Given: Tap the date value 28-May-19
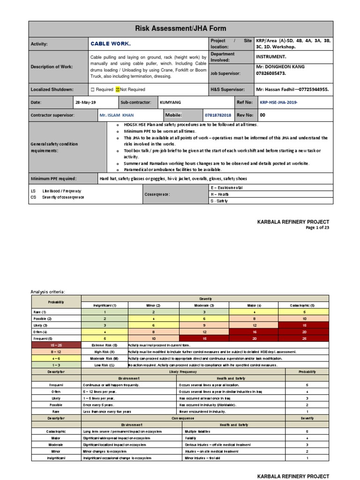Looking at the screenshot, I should tap(85, 102).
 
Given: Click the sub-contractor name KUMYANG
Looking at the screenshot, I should tap(169, 102).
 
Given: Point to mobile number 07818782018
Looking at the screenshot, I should tap(218, 115).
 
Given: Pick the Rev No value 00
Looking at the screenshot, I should tap(262, 115).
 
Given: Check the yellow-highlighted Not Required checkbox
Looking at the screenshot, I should tap(119, 90).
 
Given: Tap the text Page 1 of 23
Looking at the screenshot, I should tap(317, 228).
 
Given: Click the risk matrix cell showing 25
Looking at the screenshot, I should tap(304, 338).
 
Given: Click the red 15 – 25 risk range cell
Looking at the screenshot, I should tap(55, 345).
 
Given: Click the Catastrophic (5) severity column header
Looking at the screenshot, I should tap(304, 305).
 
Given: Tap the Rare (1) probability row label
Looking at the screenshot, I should tap(39, 312).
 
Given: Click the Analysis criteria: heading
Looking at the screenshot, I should tap(48, 292).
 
